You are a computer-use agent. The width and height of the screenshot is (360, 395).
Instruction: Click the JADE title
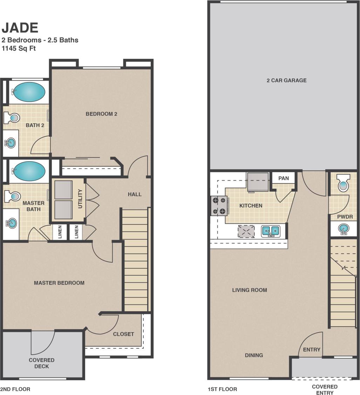tap(20, 27)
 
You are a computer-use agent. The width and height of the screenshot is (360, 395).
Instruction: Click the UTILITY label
tap(80, 199)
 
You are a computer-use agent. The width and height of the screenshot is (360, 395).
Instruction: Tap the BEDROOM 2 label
tap(101, 114)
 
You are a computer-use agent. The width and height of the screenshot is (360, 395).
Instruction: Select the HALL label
tap(135, 194)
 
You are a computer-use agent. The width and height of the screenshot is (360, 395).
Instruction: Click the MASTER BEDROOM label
tap(59, 283)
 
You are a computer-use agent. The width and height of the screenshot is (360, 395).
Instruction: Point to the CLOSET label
tap(123, 334)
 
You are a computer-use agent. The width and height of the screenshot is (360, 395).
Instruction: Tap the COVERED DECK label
tap(42, 363)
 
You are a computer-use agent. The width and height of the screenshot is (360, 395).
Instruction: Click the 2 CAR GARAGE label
tap(286, 80)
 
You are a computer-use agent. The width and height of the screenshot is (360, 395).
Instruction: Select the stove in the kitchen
tap(218, 206)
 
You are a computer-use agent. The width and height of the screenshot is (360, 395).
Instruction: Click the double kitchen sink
tap(271, 231)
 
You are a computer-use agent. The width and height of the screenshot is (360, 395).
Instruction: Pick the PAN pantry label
tap(284, 178)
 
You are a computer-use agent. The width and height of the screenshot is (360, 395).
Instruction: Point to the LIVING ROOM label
tap(250, 290)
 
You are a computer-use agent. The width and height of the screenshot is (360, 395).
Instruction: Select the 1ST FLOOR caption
tap(222, 389)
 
